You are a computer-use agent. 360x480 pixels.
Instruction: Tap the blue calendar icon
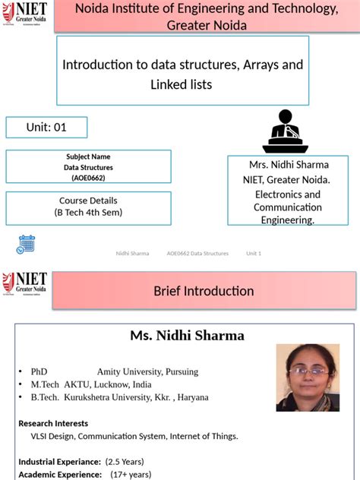tap(26, 244)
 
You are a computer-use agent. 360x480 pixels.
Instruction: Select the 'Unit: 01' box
tap(46, 128)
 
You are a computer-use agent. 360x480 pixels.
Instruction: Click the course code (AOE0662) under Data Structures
tap(88, 178)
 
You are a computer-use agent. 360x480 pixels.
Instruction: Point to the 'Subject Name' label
tap(88, 157)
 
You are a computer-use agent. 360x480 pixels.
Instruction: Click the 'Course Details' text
tap(88, 201)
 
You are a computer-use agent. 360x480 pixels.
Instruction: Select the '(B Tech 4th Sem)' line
tap(88, 213)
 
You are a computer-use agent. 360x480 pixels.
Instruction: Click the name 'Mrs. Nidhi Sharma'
tap(289, 165)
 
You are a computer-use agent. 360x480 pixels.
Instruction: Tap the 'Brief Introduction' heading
tap(204, 291)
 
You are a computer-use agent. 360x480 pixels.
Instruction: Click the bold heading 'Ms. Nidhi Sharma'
tap(187, 336)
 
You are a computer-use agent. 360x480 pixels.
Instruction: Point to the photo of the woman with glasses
tap(308, 377)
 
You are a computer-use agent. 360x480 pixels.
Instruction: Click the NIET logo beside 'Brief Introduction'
tap(25, 285)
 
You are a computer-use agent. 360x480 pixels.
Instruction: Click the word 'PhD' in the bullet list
tap(39, 371)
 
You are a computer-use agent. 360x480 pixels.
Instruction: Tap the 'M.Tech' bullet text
tap(46, 384)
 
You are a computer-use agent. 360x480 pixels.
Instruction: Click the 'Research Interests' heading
tap(53, 423)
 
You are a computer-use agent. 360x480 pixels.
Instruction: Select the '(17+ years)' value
tap(131, 475)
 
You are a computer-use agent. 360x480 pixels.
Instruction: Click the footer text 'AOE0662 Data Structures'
tap(197, 253)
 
